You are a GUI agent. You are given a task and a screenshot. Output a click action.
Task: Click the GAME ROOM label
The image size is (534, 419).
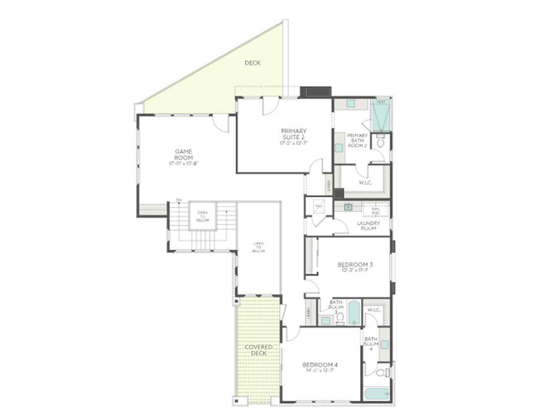click(x=184, y=154)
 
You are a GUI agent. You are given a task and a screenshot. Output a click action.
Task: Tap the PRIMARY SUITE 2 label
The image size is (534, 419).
click(x=293, y=134)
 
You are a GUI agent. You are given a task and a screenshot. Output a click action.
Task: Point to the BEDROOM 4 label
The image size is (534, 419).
click(x=320, y=365)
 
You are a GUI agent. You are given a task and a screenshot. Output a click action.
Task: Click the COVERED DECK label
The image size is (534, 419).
click(x=259, y=350)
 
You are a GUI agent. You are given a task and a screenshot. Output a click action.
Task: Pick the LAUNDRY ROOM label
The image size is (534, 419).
click(x=368, y=225)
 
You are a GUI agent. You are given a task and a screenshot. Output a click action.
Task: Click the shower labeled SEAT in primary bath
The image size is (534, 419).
click(x=381, y=116)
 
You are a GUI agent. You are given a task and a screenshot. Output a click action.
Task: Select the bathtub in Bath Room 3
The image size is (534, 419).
click(x=354, y=312)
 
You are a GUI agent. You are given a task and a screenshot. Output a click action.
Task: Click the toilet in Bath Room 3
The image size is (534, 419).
click(x=339, y=319)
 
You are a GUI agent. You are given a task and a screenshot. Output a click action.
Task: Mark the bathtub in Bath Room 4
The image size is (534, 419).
click(x=377, y=394)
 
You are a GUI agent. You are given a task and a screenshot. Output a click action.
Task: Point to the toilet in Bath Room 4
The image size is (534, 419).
click(x=382, y=372)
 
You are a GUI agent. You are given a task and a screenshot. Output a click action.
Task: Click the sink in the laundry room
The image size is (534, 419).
click(x=348, y=207)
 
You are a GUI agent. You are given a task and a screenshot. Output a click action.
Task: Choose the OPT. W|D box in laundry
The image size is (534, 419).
click(x=375, y=211)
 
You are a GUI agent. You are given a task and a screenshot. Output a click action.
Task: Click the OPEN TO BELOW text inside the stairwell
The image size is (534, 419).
click(x=203, y=216)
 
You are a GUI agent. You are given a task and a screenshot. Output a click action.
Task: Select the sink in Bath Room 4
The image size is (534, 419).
click(x=385, y=345)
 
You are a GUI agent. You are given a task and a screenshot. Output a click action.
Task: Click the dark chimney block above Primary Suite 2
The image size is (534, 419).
click(x=316, y=91)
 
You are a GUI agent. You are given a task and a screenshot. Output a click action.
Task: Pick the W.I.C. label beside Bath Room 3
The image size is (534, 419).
click(x=375, y=310)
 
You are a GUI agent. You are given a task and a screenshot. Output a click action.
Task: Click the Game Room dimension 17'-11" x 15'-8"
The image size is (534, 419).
click(x=184, y=163)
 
